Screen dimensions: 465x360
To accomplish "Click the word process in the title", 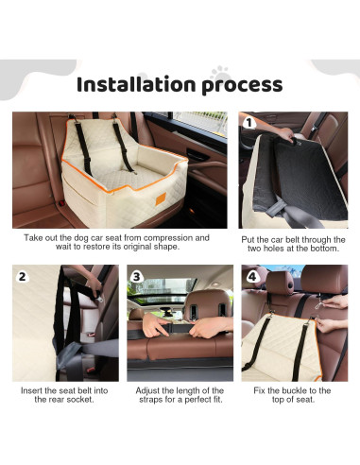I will (x=243, y=85).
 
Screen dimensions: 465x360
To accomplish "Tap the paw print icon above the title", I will (x=220, y=68).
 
